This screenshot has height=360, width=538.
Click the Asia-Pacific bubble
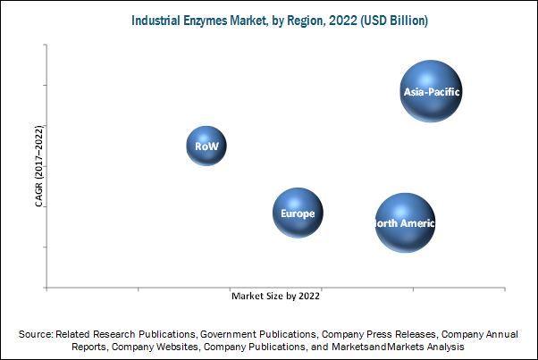pyautogui.click(x=431, y=90)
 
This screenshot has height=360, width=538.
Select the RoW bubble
pyautogui.click(x=206, y=146)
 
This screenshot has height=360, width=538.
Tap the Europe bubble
pyautogui.click(x=298, y=213)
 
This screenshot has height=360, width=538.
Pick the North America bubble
pyautogui.click(x=405, y=222)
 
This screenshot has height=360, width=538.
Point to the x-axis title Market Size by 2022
pyautogui.click(x=275, y=294)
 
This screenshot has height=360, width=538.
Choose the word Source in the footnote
pyautogui.click(x=38, y=333)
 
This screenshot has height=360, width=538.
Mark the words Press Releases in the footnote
pyautogui.click(x=400, y=333)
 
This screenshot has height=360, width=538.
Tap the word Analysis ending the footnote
pyautogui.click(x=445, y=346)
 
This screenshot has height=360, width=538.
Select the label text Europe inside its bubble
pyautogui.click(x=298, y=213)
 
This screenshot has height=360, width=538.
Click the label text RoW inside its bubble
pyautogui.click(x=206, y=146)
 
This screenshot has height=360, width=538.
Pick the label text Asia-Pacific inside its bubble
pyautogui.click(x=431, y=91)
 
